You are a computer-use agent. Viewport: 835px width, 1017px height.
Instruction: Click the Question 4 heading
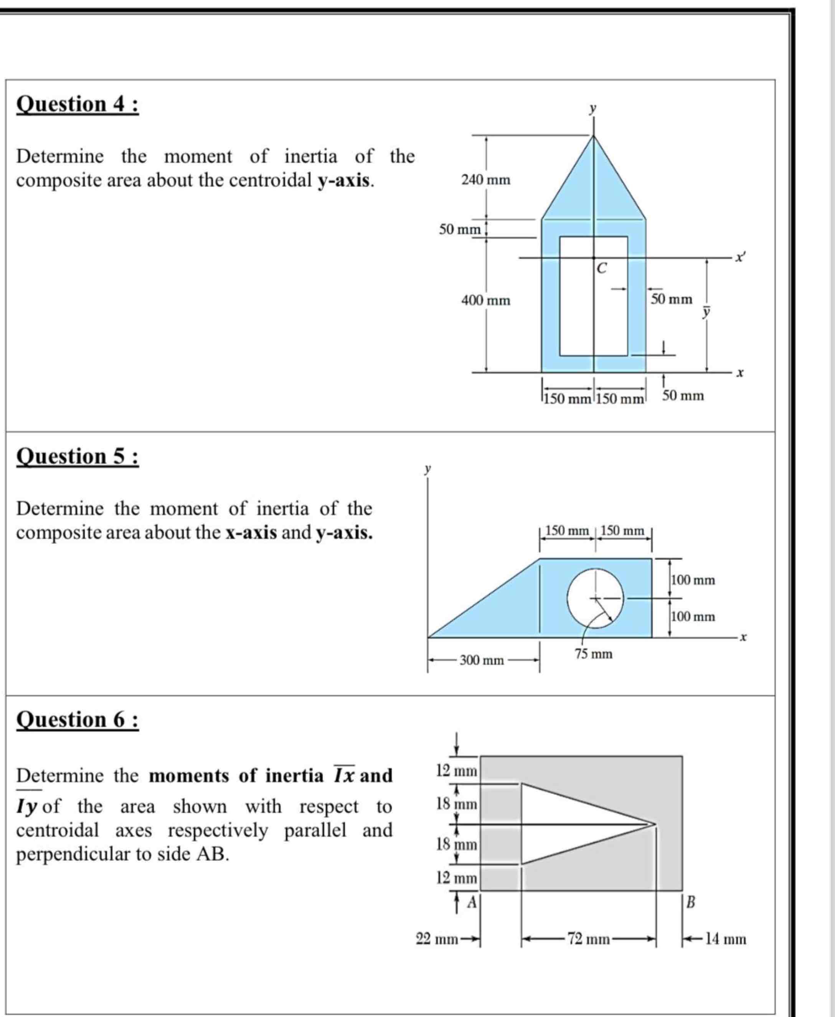coord(78,104)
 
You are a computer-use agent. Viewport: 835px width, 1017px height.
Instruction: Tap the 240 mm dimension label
coord(486,180)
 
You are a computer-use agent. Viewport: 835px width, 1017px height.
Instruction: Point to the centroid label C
coord(601,268)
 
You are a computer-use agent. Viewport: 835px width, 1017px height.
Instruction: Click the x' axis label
coord(741,258)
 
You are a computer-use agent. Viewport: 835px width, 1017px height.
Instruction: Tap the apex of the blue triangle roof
coord(594,136)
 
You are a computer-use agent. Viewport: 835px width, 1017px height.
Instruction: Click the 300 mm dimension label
coord(482,660)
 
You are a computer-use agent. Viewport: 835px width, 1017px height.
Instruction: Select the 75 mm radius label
coord(594,654)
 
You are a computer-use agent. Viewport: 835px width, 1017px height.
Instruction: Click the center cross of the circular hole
coord(596,598)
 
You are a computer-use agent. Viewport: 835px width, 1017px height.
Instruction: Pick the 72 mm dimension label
coord(588,939)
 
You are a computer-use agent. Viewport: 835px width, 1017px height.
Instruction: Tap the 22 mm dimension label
coord(437,939)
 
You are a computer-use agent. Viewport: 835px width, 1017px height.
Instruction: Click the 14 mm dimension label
coord(725,939)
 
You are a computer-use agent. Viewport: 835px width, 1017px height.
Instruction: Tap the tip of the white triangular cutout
coord(655,825)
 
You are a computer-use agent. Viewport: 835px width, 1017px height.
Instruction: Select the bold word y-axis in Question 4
coord(345,180)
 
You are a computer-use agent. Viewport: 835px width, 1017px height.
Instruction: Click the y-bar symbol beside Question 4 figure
coord(706,313)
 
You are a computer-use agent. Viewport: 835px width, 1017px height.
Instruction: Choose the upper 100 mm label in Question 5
coord(693,580)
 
